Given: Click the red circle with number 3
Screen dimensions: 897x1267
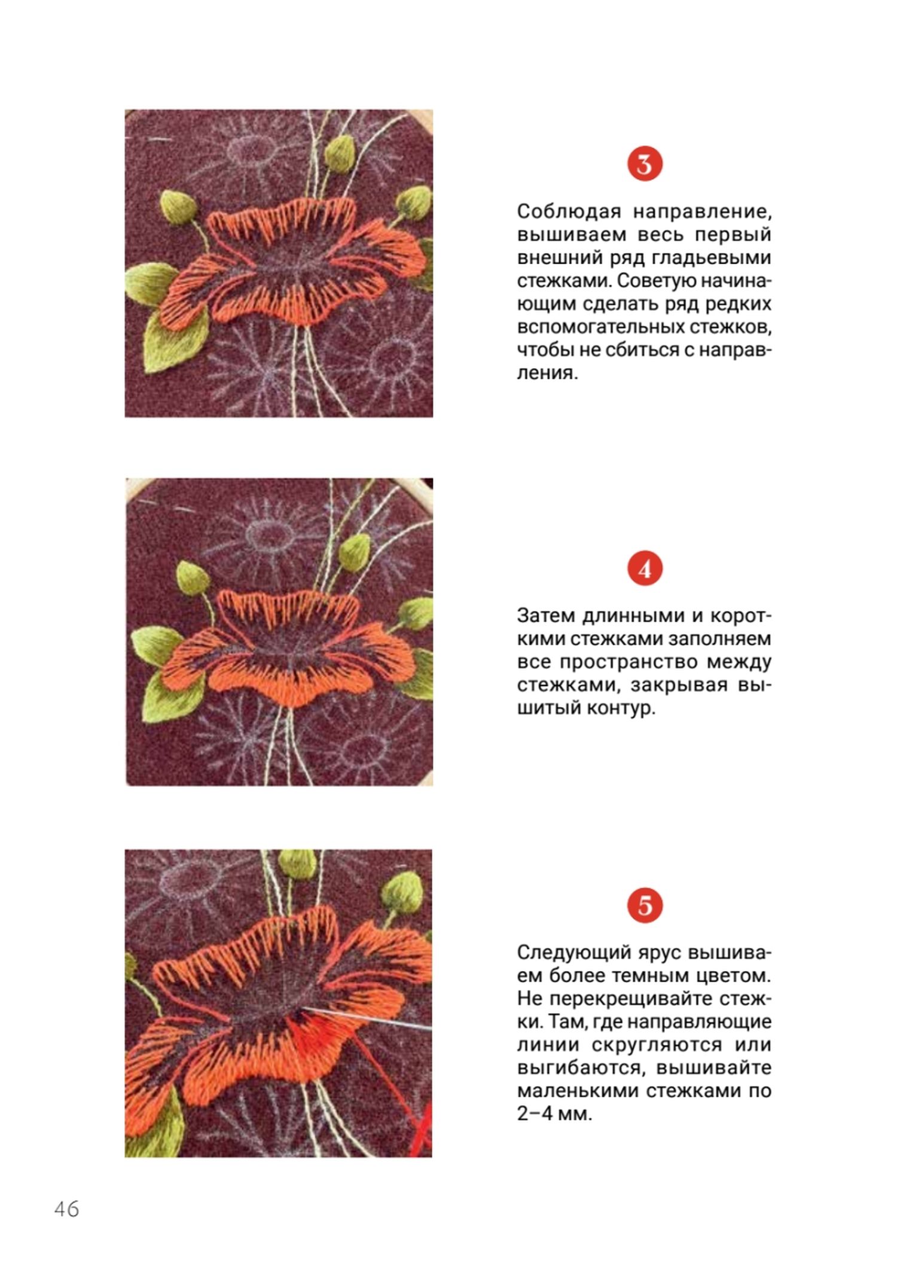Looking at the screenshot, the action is [645, 164].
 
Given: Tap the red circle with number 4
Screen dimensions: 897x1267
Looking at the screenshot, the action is [645, 570].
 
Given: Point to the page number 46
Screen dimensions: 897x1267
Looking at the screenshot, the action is [66, 1210].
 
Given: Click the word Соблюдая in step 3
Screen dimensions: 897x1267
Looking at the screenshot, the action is [568, 212].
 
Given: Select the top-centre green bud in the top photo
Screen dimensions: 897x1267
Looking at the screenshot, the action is [340, 153].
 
